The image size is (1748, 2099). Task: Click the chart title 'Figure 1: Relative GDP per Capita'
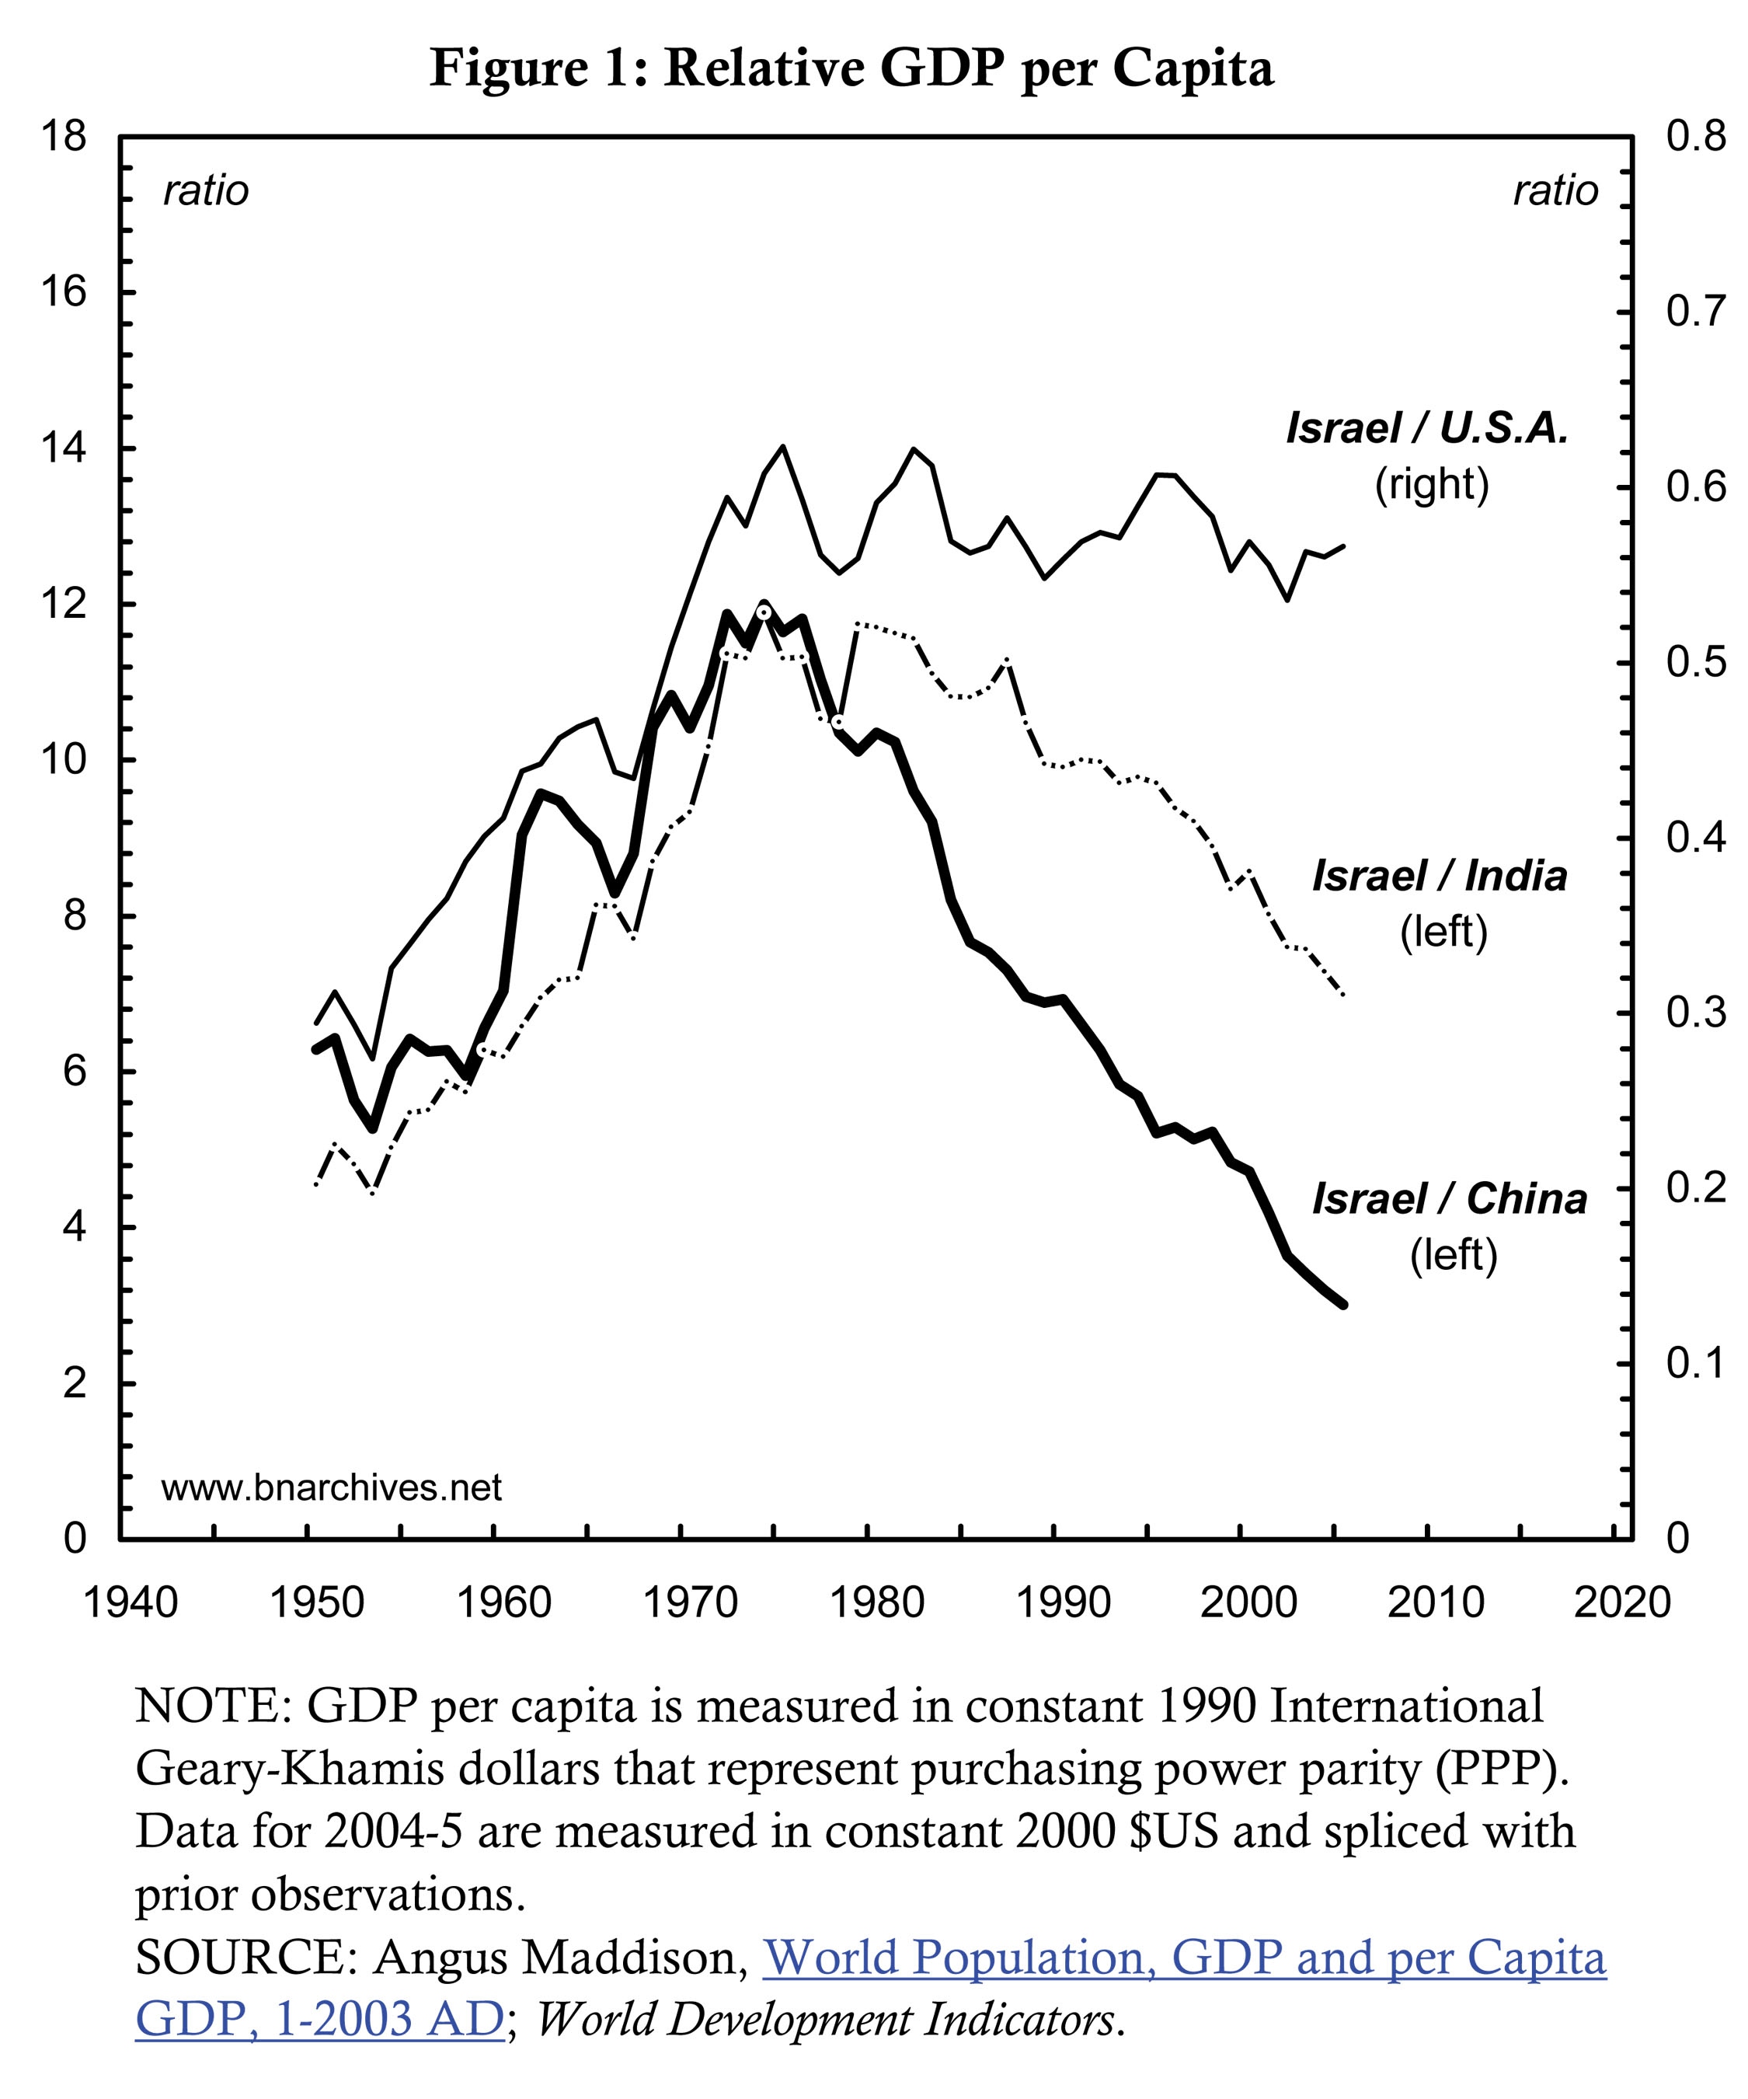(x=851, y=68)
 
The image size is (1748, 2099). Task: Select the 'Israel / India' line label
(x=1439, y=876)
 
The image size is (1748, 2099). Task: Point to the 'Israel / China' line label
(x=1449, y=1198)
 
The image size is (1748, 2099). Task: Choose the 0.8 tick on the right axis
(x=1695, y=136)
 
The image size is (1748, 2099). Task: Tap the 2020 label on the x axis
(x=1622, y=1602)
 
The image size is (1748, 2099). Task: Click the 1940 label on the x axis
(x=131, y=1602)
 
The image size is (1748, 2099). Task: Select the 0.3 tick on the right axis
(x=1695, y=1013)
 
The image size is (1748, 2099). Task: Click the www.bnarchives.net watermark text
(x=331, y=1487)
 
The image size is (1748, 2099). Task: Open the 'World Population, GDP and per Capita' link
(x=1184, y=1957)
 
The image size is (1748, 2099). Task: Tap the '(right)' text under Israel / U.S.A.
(x=1432, y=484)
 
